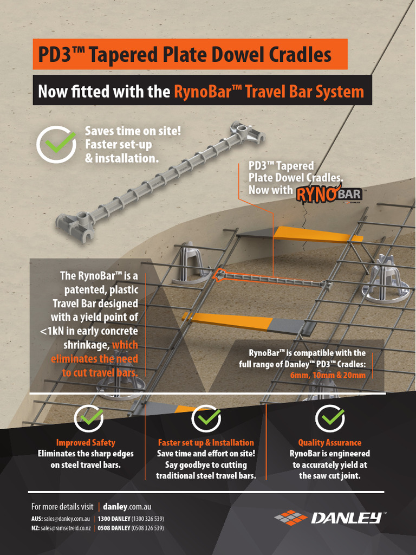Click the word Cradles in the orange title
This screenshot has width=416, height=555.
click(x=300, y=54)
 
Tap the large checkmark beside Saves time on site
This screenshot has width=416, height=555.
click(x=56, y=143)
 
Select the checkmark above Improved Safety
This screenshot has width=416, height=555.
click(x=89, y=418)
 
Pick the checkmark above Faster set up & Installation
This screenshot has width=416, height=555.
click(x=206, y=418)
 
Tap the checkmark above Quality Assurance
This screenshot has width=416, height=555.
click(x=330, y=418)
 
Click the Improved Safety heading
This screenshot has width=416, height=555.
click(x=86, y=442)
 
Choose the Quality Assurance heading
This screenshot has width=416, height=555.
click(x=330, y=442)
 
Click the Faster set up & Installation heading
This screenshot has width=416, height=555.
click(x=206, y=442)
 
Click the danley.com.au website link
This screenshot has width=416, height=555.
click(x=127, y=507)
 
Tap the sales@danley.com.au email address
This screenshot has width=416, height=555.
click(x=67, y=519)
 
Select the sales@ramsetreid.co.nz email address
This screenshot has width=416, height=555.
click(x=66, y=528)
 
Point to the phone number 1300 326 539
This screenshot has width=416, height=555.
click(x=147, y=519)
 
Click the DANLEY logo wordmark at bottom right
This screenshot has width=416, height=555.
click(x=346, y=518)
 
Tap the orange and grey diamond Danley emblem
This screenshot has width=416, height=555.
click(x=291, y=518)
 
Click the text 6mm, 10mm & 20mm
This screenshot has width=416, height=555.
click(x=328, y=375)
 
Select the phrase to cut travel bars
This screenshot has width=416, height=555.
click(x=100, y=373)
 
